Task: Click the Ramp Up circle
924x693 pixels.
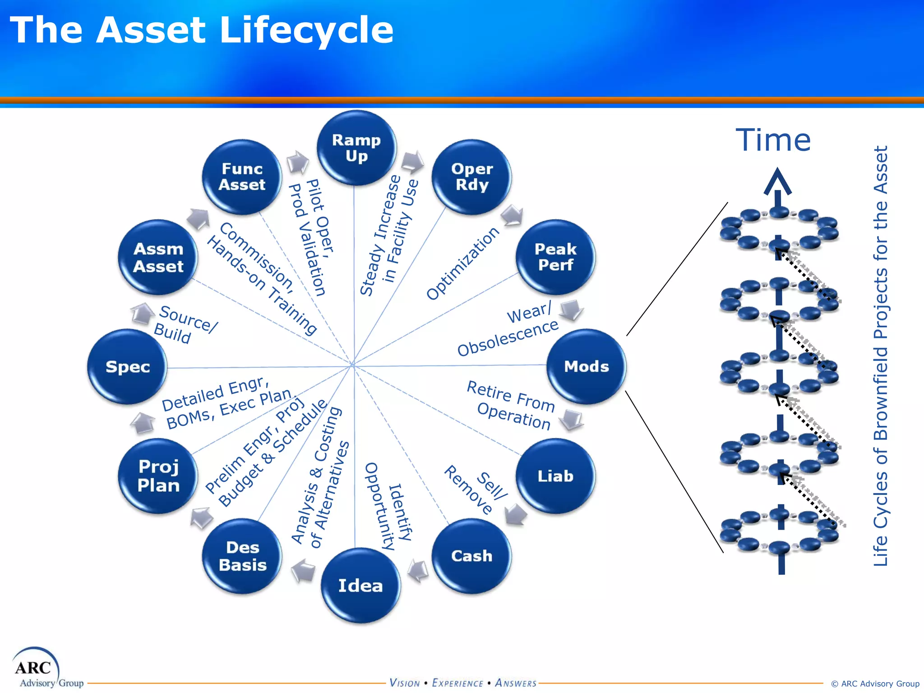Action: coord(356,148)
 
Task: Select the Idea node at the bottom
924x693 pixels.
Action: coord(360,585)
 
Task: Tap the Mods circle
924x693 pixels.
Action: coord(586,366)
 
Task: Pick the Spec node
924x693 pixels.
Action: coord(128,366)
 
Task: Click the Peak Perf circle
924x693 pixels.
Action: coord(555,257)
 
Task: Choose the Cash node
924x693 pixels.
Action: coord(471,556)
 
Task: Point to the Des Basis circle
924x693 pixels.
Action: coord(242,556)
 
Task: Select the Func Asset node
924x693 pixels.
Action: coord(242,176)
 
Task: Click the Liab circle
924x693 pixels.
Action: coord(555,476)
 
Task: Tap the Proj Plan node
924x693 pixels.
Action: coord(158,476)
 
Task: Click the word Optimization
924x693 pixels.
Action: coord(463,263)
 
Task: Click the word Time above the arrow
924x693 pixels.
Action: coord(773,140)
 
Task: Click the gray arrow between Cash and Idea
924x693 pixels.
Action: coord(418,571)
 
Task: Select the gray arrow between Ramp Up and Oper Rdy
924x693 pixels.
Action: coord(412,162)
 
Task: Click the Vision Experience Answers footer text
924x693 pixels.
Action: coord(463,683)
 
